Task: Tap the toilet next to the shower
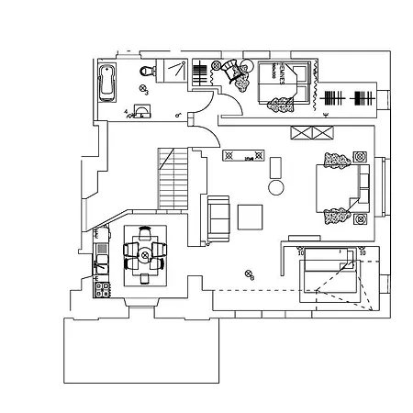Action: [x=144, y=72]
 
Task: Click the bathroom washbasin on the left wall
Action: [x=142, y=111]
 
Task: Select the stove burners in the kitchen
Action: [x=103, y=291]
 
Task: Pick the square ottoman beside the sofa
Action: [x=251, y=216]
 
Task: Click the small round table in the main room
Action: [x=274, y=187]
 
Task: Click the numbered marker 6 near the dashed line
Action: [x=248, y=273]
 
